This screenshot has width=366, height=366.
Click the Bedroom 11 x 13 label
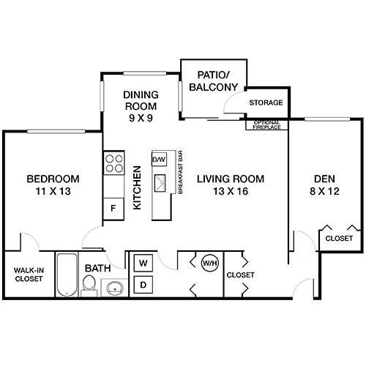point(53,185)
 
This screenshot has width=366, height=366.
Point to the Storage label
point(266,102)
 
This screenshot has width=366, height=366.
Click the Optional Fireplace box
point(266,124)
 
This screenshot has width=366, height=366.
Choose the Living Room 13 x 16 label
point(229,185)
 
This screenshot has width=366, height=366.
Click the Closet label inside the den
point(338,239)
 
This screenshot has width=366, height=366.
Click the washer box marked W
point(143,262)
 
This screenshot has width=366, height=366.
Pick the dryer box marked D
point(143,283)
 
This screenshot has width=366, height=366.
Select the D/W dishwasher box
point(159,159)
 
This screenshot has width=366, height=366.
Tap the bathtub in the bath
point(67,274)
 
